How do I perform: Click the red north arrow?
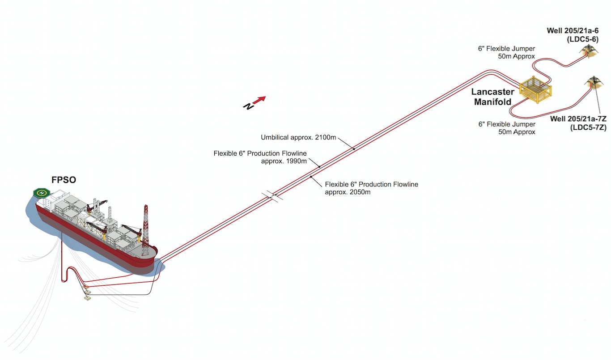point(260,99)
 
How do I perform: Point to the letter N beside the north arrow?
point(247,106)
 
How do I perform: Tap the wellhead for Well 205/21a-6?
point(588,51)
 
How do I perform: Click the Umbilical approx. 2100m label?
point(298,137)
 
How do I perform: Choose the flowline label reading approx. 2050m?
point(371,188)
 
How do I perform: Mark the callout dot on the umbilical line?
point(354,148)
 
